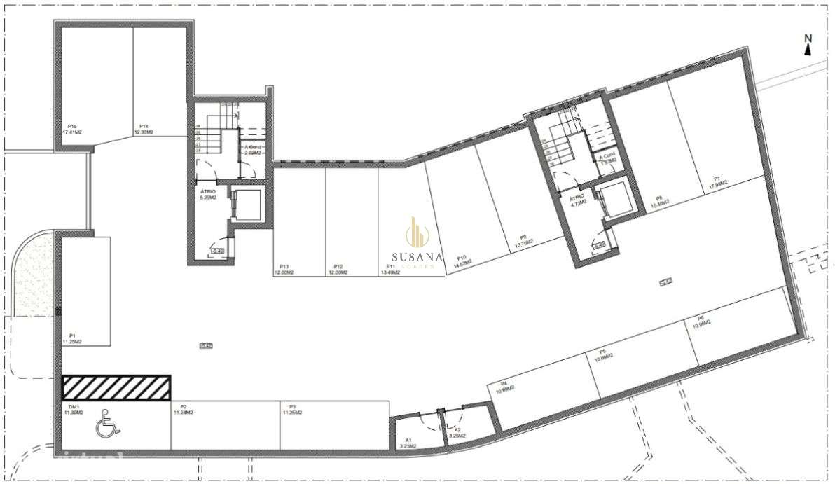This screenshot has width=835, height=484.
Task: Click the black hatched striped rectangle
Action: pos(116,387)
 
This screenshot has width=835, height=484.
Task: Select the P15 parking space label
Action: pos(73,129)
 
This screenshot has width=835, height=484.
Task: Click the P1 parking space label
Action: pos(72,338)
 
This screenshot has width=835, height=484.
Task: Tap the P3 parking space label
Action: pos(291,410)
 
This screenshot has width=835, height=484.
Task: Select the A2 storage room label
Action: pos(457,432)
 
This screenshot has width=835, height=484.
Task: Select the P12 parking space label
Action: pos(338,270)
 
